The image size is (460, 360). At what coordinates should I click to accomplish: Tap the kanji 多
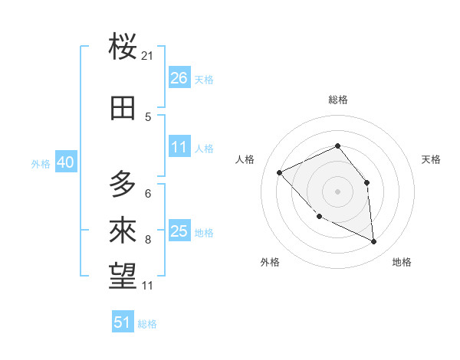[x=123, y=184]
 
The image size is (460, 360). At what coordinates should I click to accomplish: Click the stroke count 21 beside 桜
[x=147, y=56]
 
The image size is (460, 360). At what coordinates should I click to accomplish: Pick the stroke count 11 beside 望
[x=147, y=286]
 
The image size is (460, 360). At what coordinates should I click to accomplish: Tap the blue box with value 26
[x=179, y=78]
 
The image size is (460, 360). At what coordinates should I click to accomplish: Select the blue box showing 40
[x=65, y=163]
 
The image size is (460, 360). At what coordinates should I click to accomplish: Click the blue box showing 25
[x=179, y=231]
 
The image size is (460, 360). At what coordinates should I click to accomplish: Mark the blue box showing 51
[x=123, y=322]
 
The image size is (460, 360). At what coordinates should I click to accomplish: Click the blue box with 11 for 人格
[x=179, y=147]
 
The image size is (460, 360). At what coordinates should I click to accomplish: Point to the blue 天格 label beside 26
[x=204, y=80]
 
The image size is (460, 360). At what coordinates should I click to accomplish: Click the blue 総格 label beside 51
[x=147, y=324]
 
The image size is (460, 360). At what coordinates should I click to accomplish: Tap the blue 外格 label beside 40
[x=41, y=164]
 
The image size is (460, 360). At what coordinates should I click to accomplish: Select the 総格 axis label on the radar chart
[x=337, y=100]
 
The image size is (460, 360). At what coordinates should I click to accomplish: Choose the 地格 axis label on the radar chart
[x=402, y=262]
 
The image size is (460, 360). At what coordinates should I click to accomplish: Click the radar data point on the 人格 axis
[x=280, y=173]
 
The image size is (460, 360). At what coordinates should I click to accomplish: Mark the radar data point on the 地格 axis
[x=374, y=241]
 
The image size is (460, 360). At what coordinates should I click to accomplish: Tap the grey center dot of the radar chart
[x=337, y=191]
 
